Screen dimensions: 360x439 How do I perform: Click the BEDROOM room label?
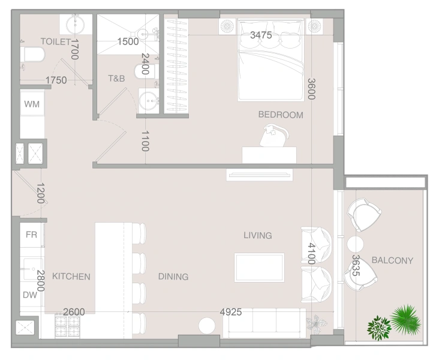point(281,115)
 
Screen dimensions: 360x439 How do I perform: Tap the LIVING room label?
point(258,235)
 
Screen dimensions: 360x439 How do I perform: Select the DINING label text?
point(173,277)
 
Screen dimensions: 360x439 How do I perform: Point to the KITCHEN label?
point(71,277)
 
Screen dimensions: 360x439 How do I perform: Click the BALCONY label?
point(392,260)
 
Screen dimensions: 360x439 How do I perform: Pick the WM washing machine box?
point(32,104)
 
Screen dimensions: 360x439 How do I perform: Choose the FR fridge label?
point(31,235)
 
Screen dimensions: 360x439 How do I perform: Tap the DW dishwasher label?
point(31,295)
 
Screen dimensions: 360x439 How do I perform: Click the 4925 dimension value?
point(231,311)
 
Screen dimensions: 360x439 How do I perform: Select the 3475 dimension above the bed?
point(261,35)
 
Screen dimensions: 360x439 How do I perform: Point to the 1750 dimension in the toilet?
point(56,80)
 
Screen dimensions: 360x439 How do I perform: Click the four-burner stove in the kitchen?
point(67,326)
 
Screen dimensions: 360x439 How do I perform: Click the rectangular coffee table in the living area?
point(259,267)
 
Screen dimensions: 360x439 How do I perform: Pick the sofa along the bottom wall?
point(264,323)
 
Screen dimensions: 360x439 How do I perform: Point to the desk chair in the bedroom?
point(274,136)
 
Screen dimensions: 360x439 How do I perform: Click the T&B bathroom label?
point(116,78)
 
